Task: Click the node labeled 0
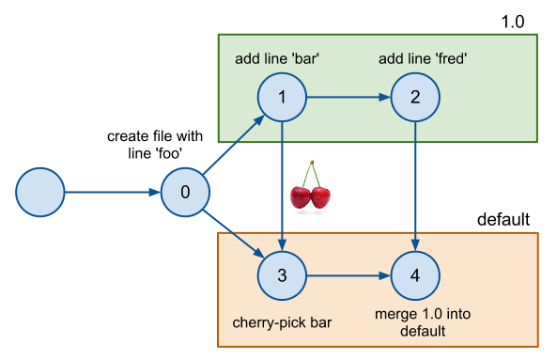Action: click(184, 193)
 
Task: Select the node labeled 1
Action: click(282, 97)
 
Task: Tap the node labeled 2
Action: click(414, 97)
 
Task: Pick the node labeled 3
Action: click(282, 276)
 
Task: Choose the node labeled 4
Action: click(414, 276)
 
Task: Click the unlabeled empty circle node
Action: click(40, 193)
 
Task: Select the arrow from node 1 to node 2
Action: click(348, 97)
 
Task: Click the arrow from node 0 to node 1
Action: click(232, 146)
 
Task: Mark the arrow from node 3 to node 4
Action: click(348, 276)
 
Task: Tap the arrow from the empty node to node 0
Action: click(112, 193)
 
